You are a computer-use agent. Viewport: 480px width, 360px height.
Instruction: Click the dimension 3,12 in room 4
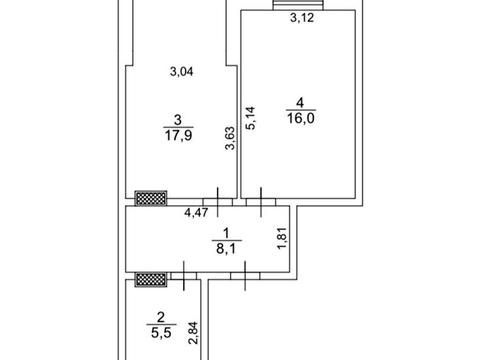302,18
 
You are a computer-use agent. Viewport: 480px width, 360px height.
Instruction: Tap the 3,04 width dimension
182,72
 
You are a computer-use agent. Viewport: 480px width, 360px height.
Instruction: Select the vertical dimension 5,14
250,118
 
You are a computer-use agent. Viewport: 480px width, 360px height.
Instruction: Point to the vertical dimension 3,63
230,138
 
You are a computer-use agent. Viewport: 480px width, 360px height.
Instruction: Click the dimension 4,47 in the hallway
196,212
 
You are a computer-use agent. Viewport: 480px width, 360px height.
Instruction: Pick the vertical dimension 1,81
282,238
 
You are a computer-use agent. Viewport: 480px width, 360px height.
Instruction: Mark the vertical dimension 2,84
193,333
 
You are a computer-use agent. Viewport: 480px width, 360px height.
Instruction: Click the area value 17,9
178,136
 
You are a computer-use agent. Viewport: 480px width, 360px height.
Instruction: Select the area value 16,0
301,118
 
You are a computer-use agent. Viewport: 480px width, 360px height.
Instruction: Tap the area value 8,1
227,249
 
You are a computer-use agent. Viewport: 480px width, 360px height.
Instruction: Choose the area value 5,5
161,333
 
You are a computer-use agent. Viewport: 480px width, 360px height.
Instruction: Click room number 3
178,120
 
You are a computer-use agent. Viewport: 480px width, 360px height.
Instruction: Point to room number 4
300,103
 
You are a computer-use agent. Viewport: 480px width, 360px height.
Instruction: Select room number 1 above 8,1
227,233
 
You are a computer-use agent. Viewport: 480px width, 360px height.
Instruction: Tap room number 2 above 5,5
161,317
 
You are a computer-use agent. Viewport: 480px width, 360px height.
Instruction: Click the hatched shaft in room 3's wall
151,198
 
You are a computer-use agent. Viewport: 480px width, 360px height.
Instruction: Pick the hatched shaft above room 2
151,279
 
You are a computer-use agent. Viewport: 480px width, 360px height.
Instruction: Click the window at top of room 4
298,5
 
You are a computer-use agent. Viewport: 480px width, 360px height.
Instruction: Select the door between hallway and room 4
261,202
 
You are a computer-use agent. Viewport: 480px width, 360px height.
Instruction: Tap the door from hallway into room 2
184,275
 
